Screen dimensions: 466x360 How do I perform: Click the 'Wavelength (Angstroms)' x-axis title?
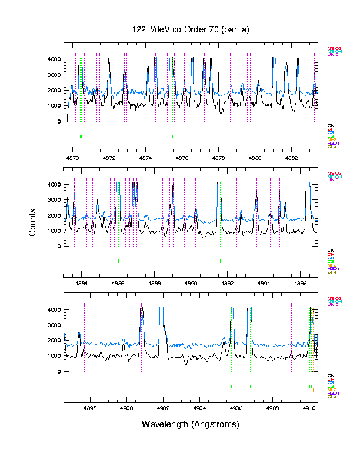point(190,424)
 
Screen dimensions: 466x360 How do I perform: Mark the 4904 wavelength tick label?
point(199,408)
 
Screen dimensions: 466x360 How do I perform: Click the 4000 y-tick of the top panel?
point(55,59)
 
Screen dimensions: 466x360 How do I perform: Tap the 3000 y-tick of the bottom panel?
point(55,325)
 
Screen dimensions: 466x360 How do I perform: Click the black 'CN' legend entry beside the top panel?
point(331,125)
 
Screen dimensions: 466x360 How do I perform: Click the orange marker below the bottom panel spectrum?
point(314,390)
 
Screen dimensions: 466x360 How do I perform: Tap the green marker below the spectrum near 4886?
point(118,261)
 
